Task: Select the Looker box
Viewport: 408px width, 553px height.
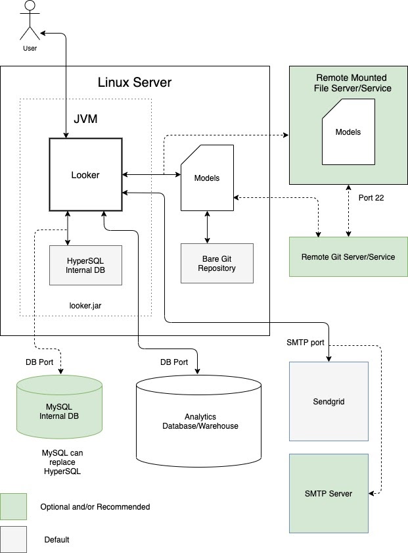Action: (85, 175)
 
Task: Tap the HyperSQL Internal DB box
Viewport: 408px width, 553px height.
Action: (85, 265)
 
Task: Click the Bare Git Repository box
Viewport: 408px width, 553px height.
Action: (217, 263)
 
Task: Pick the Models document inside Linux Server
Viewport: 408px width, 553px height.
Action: (207, 178)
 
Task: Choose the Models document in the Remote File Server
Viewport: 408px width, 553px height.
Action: (348, 132)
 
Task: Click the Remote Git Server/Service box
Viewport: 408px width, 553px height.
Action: (348, 256)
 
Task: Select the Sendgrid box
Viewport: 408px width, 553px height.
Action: (328, 401)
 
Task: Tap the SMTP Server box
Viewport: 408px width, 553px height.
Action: (328, 493)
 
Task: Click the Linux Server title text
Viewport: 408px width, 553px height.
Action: (134, 82)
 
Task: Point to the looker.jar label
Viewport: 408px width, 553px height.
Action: (87, 305)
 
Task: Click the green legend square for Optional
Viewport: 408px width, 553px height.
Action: (13, 506)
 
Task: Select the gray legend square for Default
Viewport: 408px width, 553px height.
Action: (13, 539)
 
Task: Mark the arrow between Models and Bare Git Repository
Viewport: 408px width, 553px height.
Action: (208, 228)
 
